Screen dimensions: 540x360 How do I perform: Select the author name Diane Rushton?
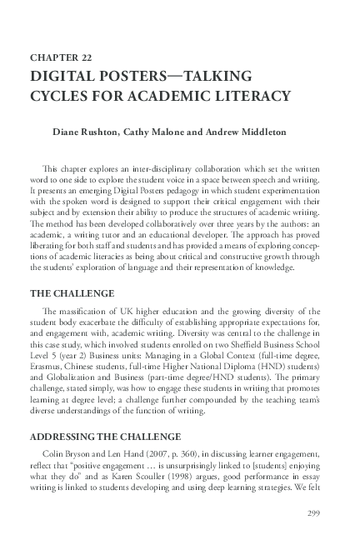86,132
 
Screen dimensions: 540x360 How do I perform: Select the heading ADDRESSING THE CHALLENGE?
106,436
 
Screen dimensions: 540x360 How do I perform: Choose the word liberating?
51,245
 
